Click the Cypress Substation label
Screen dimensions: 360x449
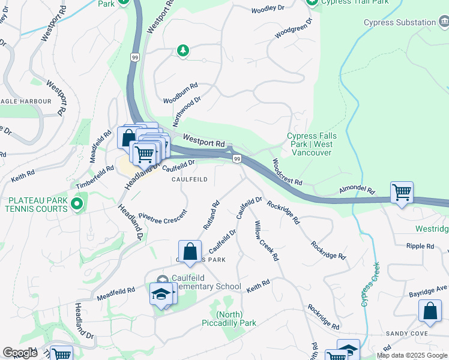[400, 23]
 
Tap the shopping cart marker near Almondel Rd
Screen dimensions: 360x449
[402, 193]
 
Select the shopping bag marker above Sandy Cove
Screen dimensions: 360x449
[430, 311]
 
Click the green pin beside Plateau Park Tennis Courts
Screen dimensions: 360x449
[76, 205]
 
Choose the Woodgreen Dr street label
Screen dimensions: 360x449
[294, 29]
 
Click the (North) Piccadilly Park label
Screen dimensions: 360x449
[237, 319]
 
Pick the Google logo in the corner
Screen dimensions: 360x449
[20, 353]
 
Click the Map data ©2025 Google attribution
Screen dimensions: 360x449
[412, 355]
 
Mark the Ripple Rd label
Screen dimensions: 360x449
[420, 246]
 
